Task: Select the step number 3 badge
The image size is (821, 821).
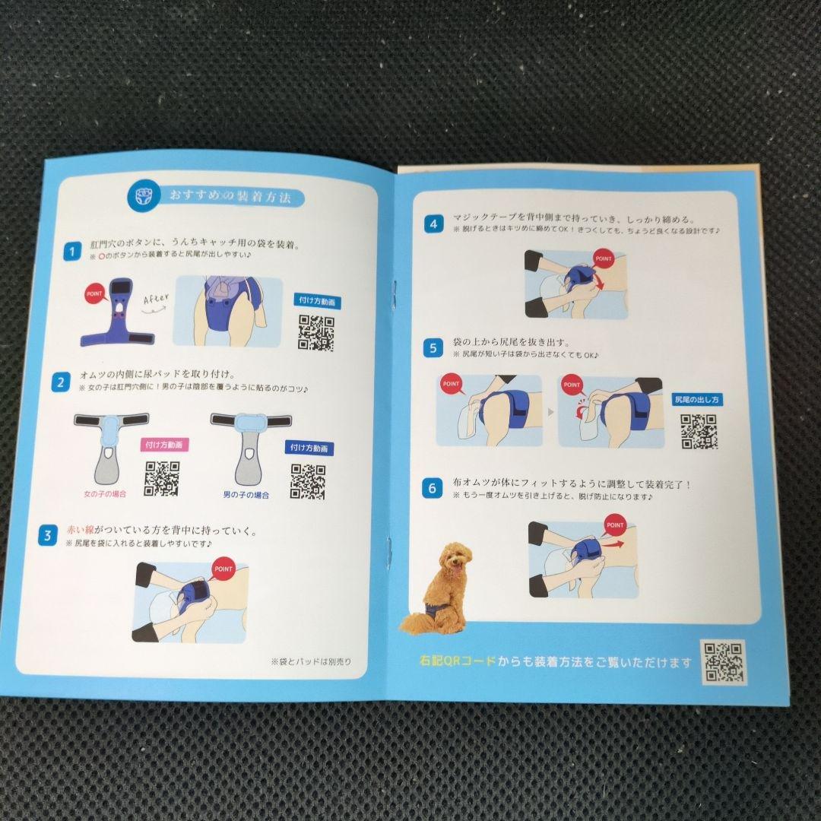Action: pyautogui.click(x=47, y=536)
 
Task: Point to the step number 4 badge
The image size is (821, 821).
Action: pyautogui.click(x=433, y=223)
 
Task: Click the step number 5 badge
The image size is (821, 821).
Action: pyautogui.click(x=433, y=349)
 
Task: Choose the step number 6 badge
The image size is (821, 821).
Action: pyautogui.click(x=433, y=489)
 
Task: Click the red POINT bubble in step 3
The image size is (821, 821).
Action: pyautogui.click(x=223, y=569)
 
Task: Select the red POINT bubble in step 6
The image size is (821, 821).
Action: pyautogui.click(x=615, y=525)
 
